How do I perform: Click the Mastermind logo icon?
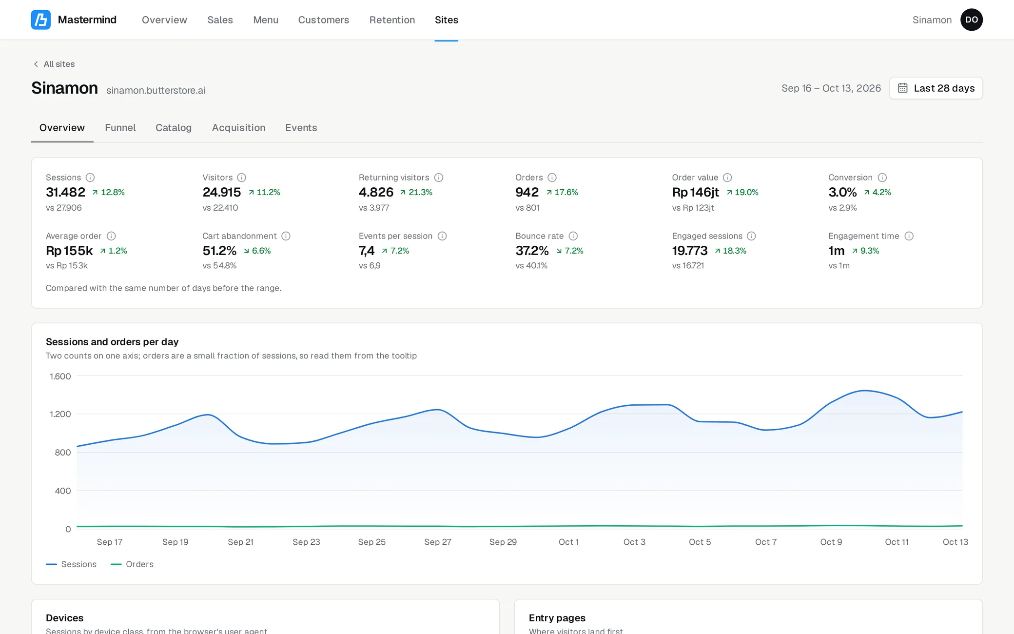point(41,20)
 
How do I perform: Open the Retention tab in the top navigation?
point(392,20)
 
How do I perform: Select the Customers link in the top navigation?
point(324,20)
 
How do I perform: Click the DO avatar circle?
point(972,20)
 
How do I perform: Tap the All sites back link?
point(54,64)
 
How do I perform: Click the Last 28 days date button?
point(936,88)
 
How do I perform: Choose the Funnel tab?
point(120,128)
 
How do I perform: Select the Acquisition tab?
point(238,128)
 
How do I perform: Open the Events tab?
point(301,128)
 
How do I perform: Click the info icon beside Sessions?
point(90,178)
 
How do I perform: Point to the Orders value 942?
point(527,192)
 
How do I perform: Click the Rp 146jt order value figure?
point(696,192)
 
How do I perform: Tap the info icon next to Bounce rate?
point(573,236)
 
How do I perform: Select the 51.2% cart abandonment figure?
point(219,251)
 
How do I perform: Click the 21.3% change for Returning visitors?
point(416,192)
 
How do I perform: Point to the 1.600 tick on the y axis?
point(60,376)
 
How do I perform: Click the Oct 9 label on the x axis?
point(831,542)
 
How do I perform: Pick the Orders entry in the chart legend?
point(132,564)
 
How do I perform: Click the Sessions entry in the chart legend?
point(71,564)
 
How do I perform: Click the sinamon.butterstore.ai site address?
point(156,90)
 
